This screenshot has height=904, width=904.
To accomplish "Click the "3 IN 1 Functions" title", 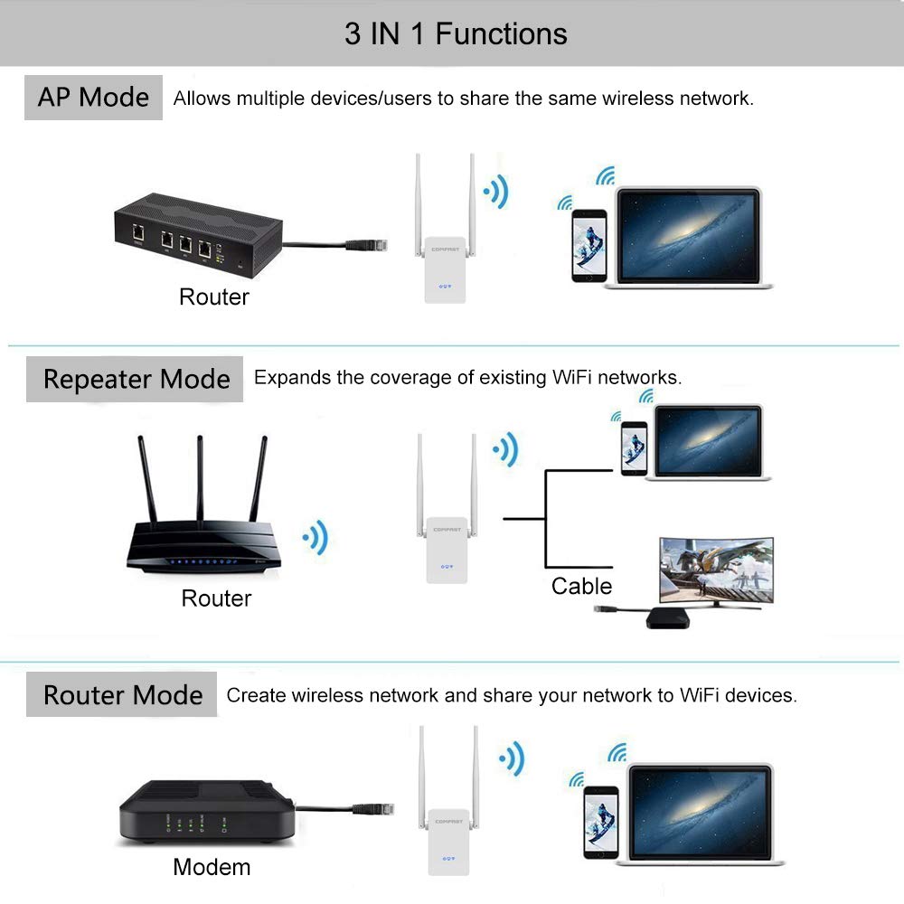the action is point(456,34).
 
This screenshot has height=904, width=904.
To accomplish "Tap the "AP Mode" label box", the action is point(93,98).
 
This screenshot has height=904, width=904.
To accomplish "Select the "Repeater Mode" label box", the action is point(136,379).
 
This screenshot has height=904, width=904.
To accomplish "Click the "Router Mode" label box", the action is point(122,695).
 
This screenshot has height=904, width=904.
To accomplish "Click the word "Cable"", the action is point(581,586).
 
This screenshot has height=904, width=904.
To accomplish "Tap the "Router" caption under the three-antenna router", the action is point(216,598).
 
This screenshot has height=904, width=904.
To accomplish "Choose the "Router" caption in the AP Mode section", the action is point(213,297).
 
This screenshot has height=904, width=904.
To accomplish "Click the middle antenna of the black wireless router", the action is point(200,479).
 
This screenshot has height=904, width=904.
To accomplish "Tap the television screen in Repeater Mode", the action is point(716,570).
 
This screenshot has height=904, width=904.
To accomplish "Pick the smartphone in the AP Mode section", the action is point(589,246).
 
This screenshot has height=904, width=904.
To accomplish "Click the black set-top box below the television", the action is point(670,618).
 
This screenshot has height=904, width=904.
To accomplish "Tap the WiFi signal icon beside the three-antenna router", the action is point(316,540).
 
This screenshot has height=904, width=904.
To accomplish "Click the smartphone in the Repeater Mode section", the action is point(634,448).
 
